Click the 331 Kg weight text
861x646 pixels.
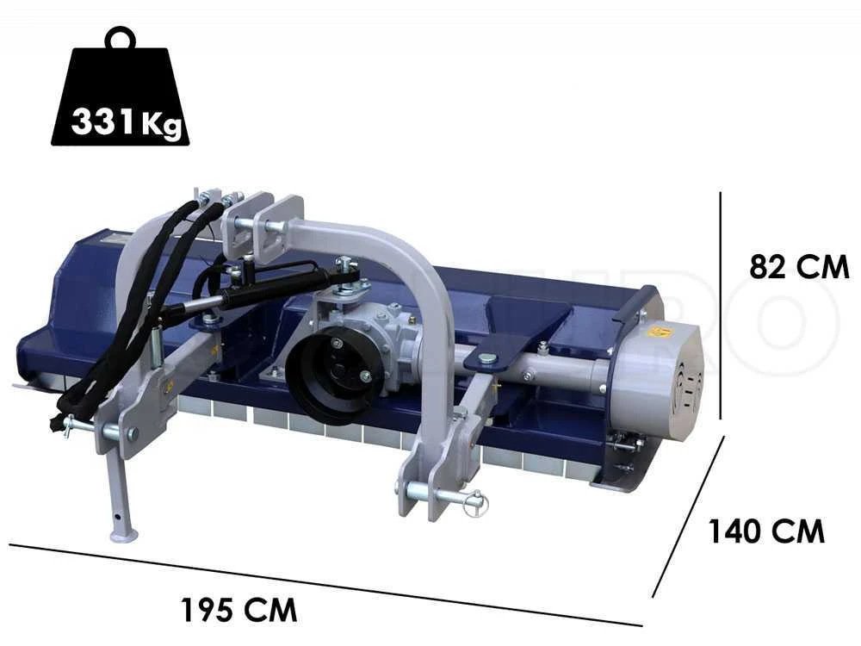tap(127, 122)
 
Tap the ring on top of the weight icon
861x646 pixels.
tap(120, 38)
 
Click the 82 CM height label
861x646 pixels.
tap(799, 267)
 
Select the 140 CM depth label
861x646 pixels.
tap(766, 531)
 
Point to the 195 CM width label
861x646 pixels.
tap(238, 609)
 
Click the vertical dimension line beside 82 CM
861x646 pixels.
tap(721, 305)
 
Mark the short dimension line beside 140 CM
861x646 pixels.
tap(689, 516)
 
